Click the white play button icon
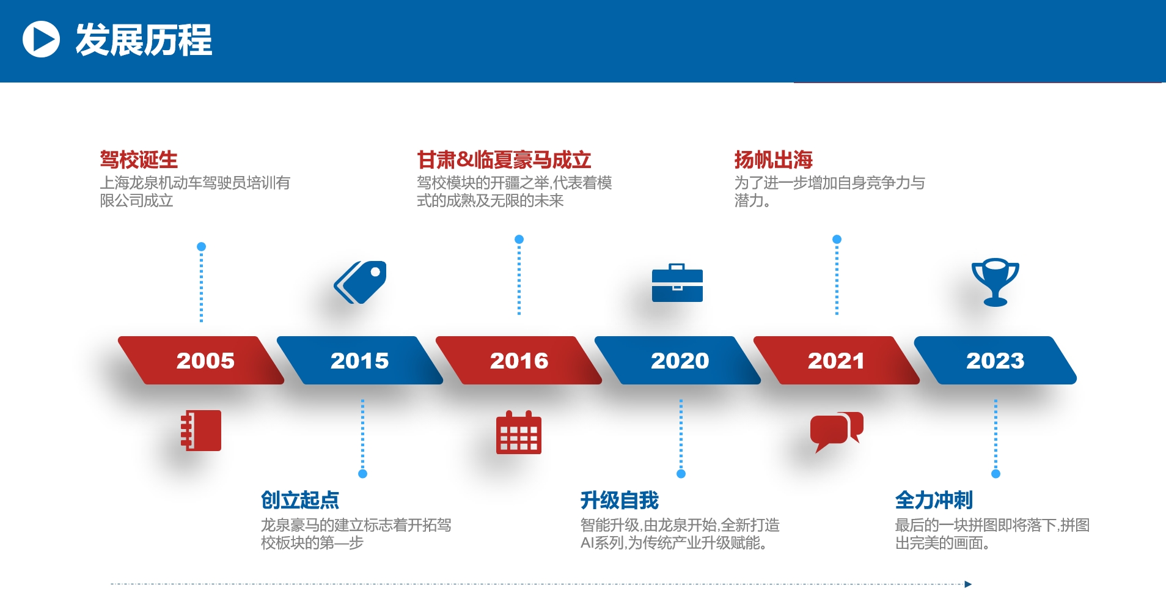point(41,39)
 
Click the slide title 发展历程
point(144,40)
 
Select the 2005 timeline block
point(201,360)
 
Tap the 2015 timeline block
point(360,360)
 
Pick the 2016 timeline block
point(519,360)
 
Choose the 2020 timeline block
point(678,360)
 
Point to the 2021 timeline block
point(837,360)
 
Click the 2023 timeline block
point(996,360)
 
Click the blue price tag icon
point(361,282)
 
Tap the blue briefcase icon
point(677,282)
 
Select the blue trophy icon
point(996,282)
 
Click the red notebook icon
point(201,430)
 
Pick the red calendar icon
point(519,432)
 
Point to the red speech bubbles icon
point(837,432)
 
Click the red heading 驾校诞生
point(139,160)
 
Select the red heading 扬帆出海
point(774,160)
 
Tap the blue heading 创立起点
point(300,500)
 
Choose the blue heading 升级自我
point(620,500)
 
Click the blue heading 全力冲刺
point(934,500)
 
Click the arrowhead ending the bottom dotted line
point(968,584)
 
